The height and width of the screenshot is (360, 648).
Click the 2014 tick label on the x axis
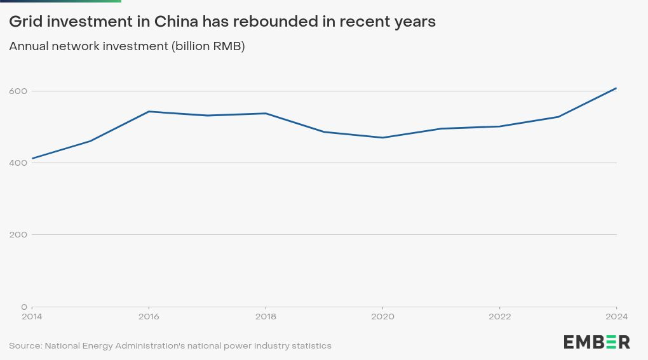point(32,316)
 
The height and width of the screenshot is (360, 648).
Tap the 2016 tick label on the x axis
point(149,316)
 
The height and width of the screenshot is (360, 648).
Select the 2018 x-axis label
point(266,316)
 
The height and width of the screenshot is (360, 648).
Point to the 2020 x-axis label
point(382,316)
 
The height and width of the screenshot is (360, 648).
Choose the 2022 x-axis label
point(499,316)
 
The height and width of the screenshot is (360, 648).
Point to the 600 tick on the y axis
point(18,91)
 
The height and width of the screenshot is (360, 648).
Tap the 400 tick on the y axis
point(18,163)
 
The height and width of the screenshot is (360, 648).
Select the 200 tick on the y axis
point(18,234)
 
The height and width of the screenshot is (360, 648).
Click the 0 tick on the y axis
point(25,307)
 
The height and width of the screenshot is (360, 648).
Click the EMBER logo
point(597,342)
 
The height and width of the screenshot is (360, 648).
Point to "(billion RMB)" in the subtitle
point(208,46)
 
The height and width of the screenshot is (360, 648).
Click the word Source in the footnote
point(25,346)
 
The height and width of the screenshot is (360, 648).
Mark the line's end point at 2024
point(616,88)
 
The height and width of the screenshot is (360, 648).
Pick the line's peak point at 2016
point(149,111)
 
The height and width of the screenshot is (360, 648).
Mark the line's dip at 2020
point(382,138)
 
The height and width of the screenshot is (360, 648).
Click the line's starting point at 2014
point(32,158)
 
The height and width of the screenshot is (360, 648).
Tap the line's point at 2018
point(266,113)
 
